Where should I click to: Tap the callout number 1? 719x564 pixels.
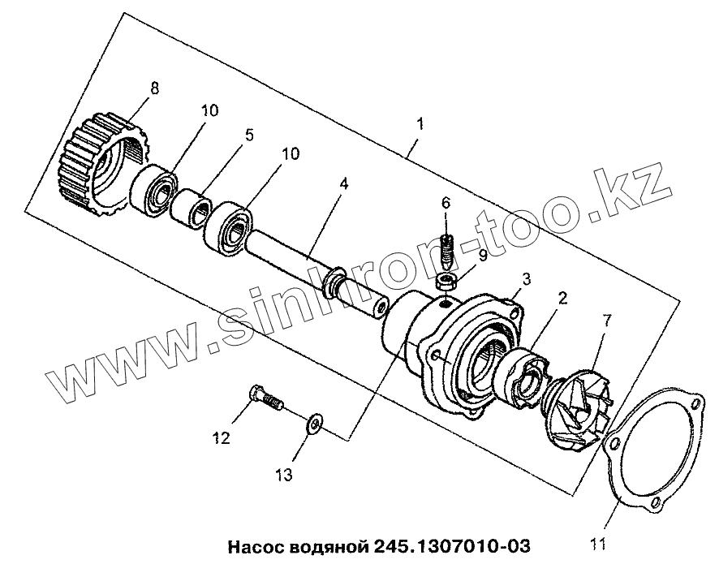(x=420, y=126)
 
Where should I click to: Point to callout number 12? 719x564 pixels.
(x=222, y=439)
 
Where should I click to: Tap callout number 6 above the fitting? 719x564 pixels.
(x=446, y=203)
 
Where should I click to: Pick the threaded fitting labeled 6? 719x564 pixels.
(x=446, y=252)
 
